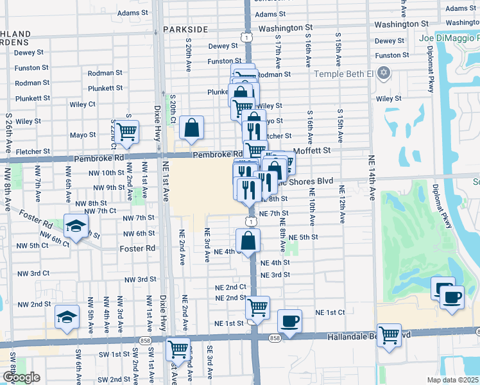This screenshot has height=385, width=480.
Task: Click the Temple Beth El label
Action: click(343, 74)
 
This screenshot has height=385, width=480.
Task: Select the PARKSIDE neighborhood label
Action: click(185, 30)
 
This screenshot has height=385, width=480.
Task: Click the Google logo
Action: click(21, 377)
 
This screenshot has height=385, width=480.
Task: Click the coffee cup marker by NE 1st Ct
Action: click(289, 320)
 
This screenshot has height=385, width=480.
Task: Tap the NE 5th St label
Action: click(304, 237)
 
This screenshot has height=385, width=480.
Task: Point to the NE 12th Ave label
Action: click(342, 205)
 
